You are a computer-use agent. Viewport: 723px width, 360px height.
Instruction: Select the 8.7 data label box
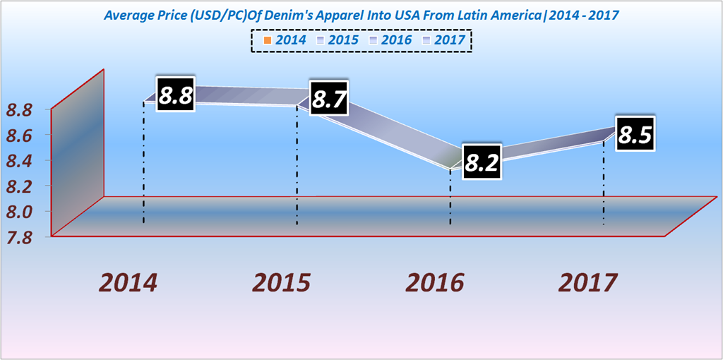(x=328, y=100)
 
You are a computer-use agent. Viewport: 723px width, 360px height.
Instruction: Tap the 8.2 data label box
(x=482, y=162)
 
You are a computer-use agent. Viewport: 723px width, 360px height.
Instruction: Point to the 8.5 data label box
(x=635, y=133)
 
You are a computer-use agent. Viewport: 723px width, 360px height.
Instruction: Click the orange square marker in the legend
(x=266, y=40)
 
